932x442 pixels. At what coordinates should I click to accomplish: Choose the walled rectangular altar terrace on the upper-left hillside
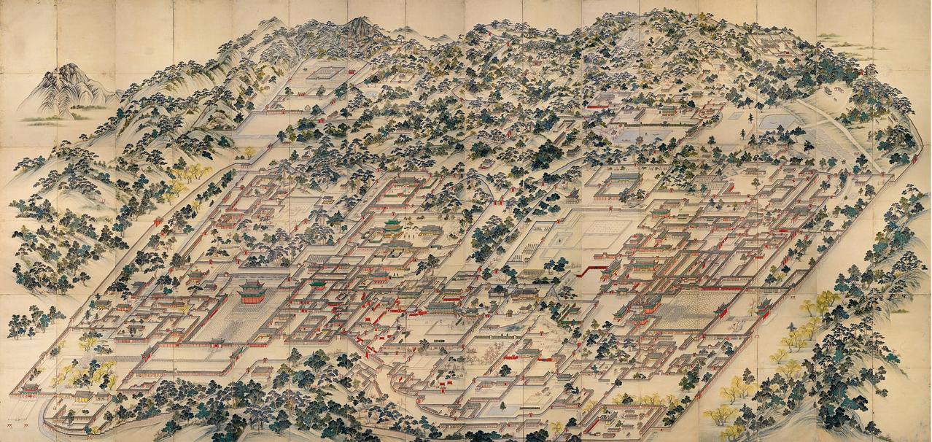[x=325, y=73]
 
